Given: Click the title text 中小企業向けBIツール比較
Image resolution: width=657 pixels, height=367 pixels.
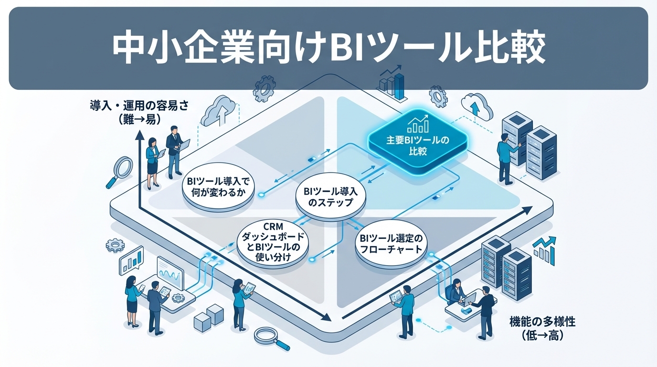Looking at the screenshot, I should [328, 48].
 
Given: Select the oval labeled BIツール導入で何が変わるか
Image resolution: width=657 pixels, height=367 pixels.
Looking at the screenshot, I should [218, 190].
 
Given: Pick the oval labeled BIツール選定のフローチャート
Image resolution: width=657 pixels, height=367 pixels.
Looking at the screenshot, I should [391, 244].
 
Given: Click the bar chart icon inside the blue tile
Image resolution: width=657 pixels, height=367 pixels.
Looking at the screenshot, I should [416, 125].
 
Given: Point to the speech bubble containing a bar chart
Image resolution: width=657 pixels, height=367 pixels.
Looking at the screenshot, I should [131, 262].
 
